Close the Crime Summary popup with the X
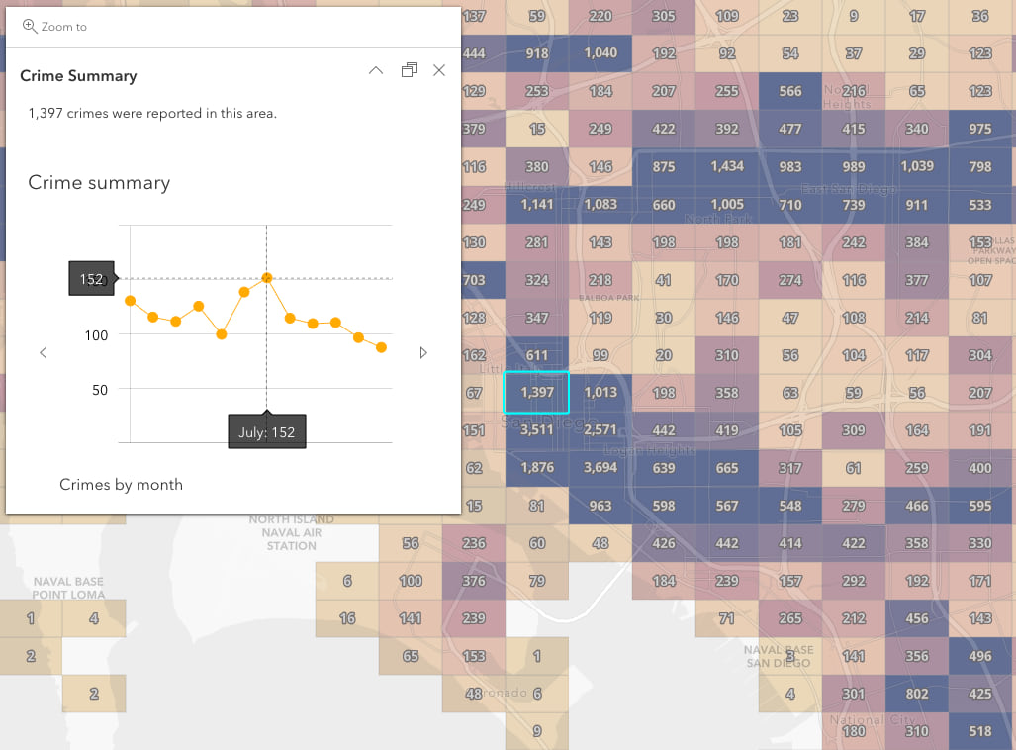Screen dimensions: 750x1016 pos(439,70)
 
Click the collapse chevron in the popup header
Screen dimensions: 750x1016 pos(376,70)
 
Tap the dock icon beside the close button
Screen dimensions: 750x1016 pos(409,70)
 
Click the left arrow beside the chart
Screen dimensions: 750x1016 pos(44,353)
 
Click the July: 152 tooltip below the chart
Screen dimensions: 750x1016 pos(266,431)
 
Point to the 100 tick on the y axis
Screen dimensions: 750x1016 pos(96,335)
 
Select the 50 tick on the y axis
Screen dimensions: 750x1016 pos(99,389)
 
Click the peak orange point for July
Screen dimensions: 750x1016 pos(266,278)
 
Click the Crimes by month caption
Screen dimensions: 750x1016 pos(121,484)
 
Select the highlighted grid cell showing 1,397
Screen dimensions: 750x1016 pos(536,392)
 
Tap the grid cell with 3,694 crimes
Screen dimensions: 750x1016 pos(600,468)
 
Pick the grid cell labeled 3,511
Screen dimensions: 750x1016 pos(536,430)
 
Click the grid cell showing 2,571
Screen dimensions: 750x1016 pos(600,430)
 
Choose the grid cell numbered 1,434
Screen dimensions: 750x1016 pos(727,166)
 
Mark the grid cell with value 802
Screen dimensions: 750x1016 pos(917,694)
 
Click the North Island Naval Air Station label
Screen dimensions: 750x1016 pos(291,532)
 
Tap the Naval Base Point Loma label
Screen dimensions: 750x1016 pos(68,588)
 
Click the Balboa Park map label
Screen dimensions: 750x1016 pos(600,298)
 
